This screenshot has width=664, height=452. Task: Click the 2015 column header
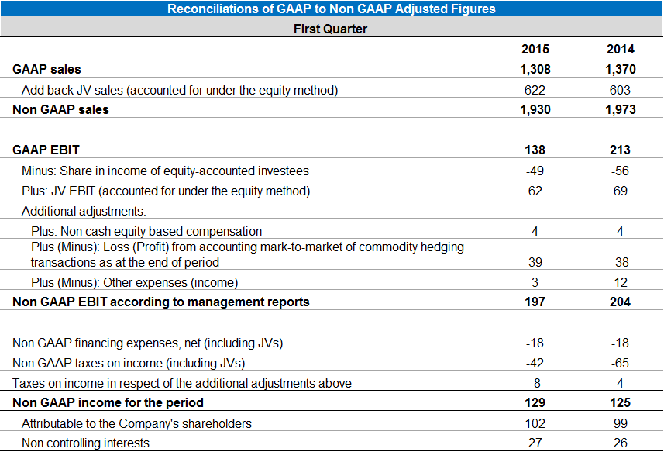(x=535, y=49)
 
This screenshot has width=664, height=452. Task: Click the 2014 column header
(x=620, y=49)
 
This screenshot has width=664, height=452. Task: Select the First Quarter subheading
(x=331, y=29)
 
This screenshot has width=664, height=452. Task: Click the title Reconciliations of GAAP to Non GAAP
(x=331, y=9)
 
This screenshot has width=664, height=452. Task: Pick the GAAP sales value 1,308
(x=535, y=70)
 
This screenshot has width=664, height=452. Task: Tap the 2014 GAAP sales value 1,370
(x=620, y=70)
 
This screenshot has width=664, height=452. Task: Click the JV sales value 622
(x=535, y=90)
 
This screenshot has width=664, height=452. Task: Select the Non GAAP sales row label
(x=60, y=109)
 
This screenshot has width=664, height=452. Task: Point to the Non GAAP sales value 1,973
(x=620, y=109)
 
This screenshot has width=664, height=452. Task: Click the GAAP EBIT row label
(x=46, y=150)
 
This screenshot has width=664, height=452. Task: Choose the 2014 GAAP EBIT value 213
(x=620, y=150)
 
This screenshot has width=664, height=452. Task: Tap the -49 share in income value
(x=535, y=171)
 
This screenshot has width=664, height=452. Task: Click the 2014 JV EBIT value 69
(x=620, y=191)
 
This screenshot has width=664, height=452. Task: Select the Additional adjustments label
(x=84, y=211)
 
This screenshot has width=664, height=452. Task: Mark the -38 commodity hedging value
(x=620, y=262)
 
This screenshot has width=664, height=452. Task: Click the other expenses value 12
(x=620, y=282)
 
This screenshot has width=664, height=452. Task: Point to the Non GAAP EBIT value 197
(x=535, y=302)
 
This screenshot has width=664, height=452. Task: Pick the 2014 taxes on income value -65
(x=620, y=363)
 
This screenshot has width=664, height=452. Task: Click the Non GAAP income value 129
(x=535, y=403)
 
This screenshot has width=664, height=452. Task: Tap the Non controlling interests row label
(x=85, y=443)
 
